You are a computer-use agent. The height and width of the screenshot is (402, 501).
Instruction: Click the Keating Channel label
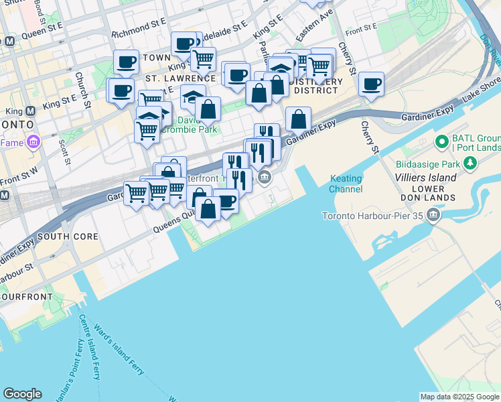pos(346,184)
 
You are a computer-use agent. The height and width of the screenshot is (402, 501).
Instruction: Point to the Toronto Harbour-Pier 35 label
pos(373,216)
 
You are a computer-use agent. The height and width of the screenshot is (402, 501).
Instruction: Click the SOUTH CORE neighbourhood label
pos(68,237)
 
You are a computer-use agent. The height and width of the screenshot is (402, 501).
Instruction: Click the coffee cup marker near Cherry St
pos(371,85)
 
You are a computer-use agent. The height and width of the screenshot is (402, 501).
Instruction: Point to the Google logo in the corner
pos(22,394)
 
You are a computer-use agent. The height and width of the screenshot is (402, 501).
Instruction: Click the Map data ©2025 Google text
pos(459,397)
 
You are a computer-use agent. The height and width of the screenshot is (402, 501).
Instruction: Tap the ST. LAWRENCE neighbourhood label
pos(181,78)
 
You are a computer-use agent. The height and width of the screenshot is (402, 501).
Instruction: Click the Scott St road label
pos(64,151)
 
